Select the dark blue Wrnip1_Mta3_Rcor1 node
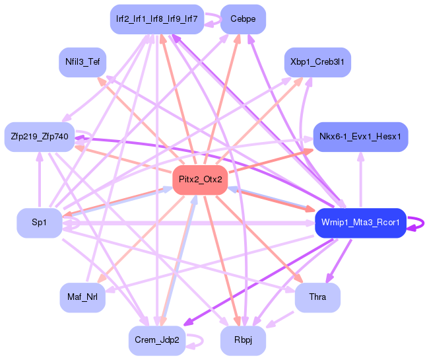pyautogui.click(x=360, y=223)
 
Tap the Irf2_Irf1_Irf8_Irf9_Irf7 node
pyautogui.click(x=156, y=19)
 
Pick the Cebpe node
pyautogui.click(x=243, y=19)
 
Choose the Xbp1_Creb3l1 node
pyautogui.click(x=317, y=62)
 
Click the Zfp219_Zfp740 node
pyautogui.click(x=40, y=137)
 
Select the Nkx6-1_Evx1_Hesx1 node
pyautogui.click(x=360, y=137)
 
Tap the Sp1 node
pyautogui.click(x=40, y=223)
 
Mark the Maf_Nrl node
pyautogui.click(x=82, y=297)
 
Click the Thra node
pyautogui.click(x=317, y=297)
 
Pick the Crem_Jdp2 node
pyautogui.click(x=156, y=340)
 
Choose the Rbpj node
pyautogui.click(x=243, y=340)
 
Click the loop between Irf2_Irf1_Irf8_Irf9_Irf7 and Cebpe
pyautogui.click(x=212, y=20)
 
